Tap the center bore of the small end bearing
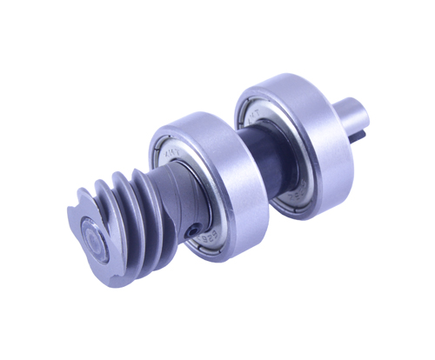click(94, 237)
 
